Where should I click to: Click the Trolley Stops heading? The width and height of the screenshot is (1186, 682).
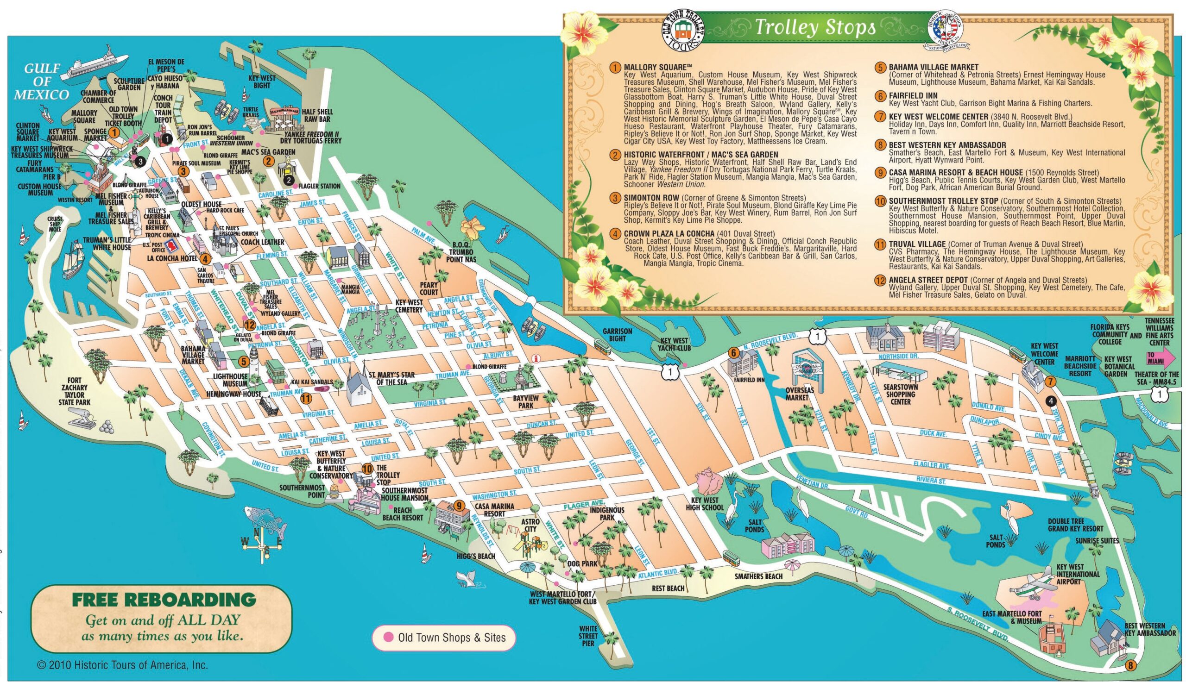814,28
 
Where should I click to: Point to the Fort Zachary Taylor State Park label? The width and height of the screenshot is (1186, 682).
75,391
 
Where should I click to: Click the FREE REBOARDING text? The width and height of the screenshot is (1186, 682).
164,599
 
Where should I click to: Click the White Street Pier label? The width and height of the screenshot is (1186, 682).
588,636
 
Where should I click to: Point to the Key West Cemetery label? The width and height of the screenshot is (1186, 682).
409,307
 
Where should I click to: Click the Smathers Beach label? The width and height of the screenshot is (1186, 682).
758,576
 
